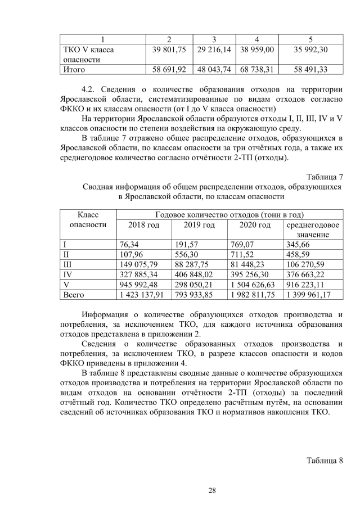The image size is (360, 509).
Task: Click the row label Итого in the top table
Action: pyautogui.click(x=73, y=70)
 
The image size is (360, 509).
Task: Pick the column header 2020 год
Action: pyautogui.click(x=255, y=225)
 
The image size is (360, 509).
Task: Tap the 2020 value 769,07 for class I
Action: pyautogui.click(x=243, y=245)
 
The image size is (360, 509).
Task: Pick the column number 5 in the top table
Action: pyautogui.click(x=310, y=39)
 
